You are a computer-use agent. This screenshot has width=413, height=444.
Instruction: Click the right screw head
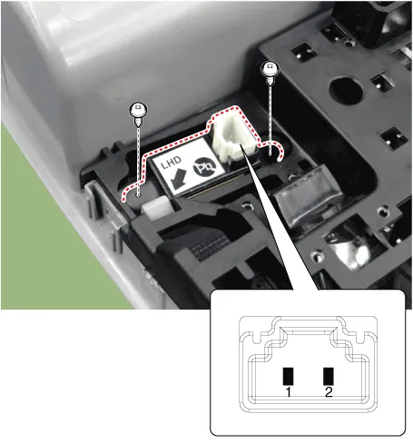[x=270, y=68]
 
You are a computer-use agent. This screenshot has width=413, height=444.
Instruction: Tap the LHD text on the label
[x=172, y=162]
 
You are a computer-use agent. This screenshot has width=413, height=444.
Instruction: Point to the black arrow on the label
[x=179, y=178]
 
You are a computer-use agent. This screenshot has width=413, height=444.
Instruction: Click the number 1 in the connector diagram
[x=289, y=392]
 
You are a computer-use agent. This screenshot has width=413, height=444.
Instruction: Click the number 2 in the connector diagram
[x=329, y=392]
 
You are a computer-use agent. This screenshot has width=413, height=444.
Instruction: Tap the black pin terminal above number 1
[x=289, y=376]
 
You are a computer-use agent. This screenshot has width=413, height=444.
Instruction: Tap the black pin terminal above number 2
[x=329, y=376]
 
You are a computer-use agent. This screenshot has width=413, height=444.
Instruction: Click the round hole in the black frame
[x=346, y=90]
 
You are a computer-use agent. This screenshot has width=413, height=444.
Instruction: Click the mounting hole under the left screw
[x=138, y=196]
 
